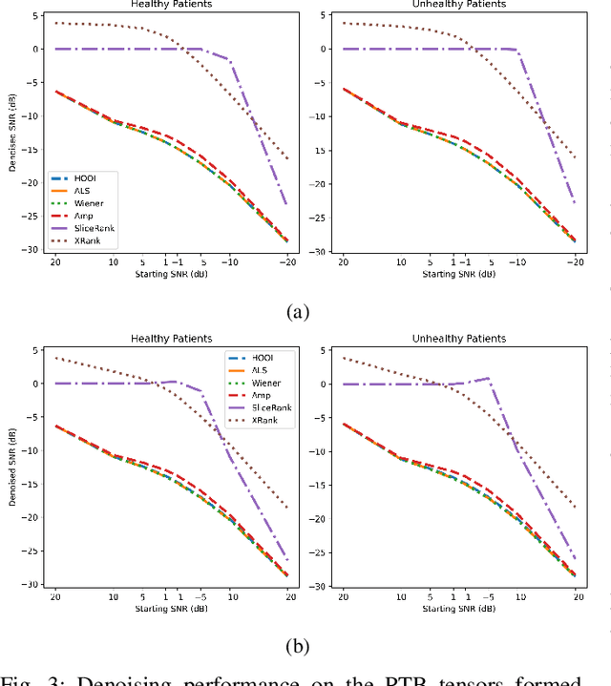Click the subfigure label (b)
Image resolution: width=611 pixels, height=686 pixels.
click(x=298, y=645)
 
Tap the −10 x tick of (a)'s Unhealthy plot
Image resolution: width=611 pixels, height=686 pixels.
click(x=517, y=262)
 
